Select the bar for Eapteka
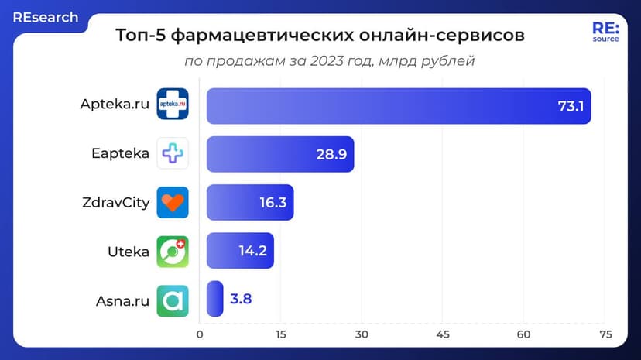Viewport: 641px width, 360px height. tap(280, 154)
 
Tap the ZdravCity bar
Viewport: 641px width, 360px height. tap(249, 202)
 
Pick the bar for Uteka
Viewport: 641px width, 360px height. tap(240, 251)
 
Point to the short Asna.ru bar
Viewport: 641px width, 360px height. tap(215, 299)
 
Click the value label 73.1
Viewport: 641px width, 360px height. tap(571, 106)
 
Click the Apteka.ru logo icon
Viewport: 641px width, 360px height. tap(173, 105)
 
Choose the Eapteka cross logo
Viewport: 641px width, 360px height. tap(173, 153)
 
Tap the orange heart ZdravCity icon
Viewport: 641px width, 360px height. tap(173, 202)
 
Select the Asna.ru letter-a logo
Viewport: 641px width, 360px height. tap(173, 300)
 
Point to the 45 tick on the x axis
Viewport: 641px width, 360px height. tap(443, 334)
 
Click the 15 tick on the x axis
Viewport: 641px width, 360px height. tap(281, 334)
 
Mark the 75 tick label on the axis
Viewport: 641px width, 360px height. tap(605, 334)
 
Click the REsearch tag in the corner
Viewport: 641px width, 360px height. tap(45, 17)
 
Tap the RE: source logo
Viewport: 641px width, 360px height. tap(605, 32)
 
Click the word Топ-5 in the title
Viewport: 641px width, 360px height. tap(139, 36)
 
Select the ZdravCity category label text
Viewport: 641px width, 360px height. tap(115, 203)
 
